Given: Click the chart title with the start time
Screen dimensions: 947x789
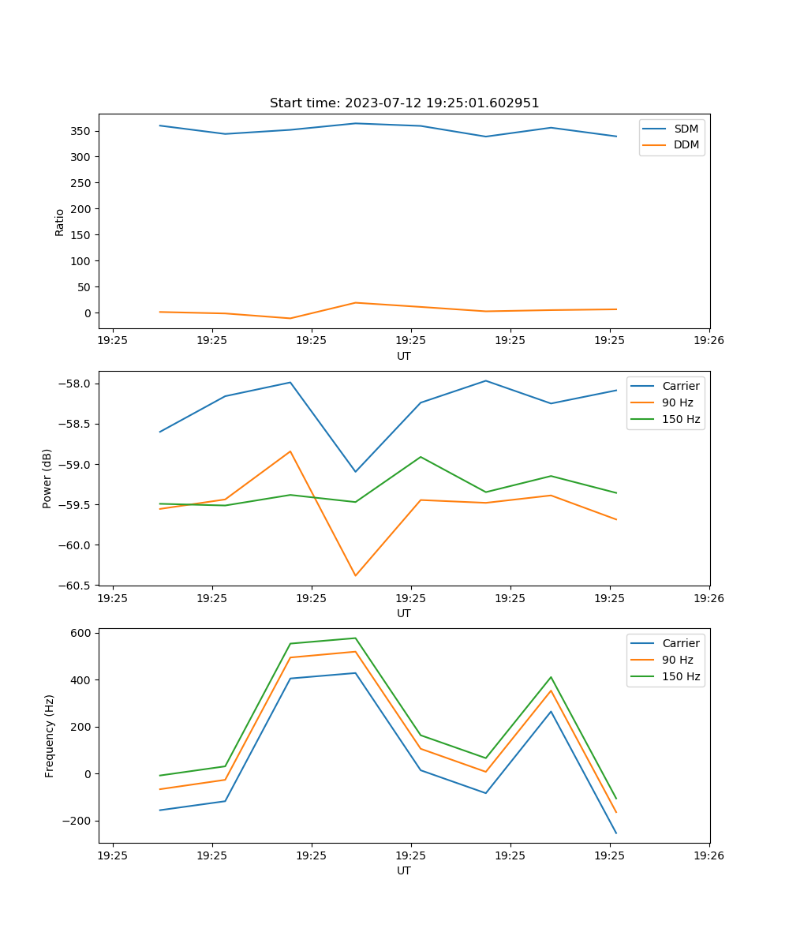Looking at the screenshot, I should click(404, 103).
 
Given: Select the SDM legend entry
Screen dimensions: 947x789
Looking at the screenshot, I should click(686, 129).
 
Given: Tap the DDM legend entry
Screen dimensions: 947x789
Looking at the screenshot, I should click(686, 145).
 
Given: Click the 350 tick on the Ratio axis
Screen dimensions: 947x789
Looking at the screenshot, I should click(81, 131).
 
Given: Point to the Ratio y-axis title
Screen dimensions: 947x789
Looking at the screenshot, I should click(60, 223).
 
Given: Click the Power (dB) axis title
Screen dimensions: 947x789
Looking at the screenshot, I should click(47, 478).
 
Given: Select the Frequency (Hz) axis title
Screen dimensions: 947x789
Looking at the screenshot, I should click(50, 736).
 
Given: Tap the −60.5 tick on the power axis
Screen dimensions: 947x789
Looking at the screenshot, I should click(77, 586).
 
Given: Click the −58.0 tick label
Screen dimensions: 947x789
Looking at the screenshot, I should click(77, 384).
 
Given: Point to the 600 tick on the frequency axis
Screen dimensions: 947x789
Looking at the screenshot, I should click(82, 633).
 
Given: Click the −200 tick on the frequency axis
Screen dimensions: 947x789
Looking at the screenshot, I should click(77, 821).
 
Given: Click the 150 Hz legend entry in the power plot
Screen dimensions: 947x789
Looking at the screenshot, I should click(681, 420).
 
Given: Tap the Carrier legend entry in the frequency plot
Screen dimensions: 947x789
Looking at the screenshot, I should click(680, 643).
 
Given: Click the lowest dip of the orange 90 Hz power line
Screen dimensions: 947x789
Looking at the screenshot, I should click(355, 575).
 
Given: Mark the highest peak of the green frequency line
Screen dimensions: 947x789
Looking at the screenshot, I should click(355, 638).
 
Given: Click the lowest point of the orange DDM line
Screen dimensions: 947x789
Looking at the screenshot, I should click(290, 318).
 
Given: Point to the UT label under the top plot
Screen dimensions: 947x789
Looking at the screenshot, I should click(404, 356).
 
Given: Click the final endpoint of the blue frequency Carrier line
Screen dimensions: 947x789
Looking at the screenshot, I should click(616, 833).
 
